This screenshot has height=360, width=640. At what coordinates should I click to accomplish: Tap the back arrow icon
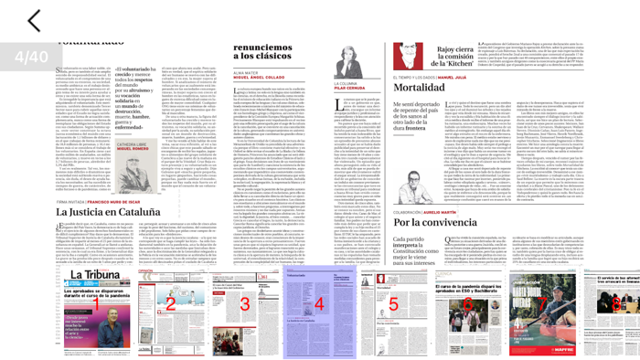pos(34,20)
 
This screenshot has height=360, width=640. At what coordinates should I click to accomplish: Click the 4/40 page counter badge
pos(31,57)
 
